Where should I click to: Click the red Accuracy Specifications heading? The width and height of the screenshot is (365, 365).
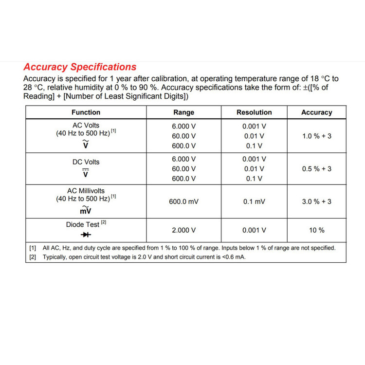[x=80, y=67]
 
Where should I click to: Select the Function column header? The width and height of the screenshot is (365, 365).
[x=86, y=112]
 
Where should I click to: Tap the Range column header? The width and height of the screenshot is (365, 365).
[x=183, y=112]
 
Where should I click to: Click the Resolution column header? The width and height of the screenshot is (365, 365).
[x=254, y=112]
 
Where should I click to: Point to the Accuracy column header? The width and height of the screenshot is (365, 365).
[x=316, y=112]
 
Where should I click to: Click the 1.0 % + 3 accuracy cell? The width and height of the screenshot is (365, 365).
[x=317, y=136]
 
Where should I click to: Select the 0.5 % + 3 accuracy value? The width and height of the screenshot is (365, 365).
[x=317, y=169]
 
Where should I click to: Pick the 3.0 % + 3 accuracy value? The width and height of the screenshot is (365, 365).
[x=317, y=201]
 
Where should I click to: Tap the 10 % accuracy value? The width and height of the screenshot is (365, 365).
[x=317, y=230]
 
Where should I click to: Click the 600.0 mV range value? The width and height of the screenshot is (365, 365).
[x=183, y=201]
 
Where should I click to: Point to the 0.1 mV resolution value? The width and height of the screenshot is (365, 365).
[x=254, y=201]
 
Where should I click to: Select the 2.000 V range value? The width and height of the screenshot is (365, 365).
[x=183, y=230]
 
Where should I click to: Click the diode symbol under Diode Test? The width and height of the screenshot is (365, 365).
[x=86, y=235]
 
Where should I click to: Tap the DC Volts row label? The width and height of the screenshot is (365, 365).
[x=86, y=162]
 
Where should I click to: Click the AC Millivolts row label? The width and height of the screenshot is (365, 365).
[x=86, y=191]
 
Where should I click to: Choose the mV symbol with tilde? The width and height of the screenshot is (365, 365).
[x=86, y=210]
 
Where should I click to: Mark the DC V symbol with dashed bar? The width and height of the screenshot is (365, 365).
[x=86, y=173]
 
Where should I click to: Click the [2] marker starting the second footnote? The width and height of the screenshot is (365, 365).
[x=33, y=257]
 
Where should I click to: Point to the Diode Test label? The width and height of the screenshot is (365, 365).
[x=83, y=225]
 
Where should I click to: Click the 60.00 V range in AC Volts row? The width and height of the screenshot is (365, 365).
[x=183, y=136]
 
